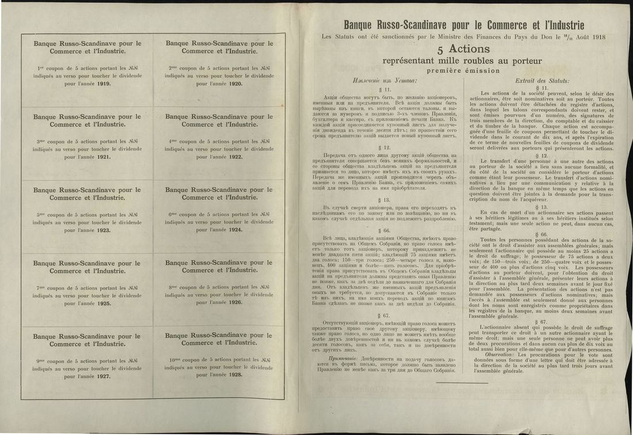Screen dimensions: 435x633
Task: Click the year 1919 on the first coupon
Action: (x=104, y=84)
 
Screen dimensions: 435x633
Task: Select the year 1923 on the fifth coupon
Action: (x=104, y=230)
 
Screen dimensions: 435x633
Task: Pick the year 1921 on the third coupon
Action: (x=104, y=157)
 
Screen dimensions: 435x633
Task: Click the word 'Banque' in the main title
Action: (x=361, y=25)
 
